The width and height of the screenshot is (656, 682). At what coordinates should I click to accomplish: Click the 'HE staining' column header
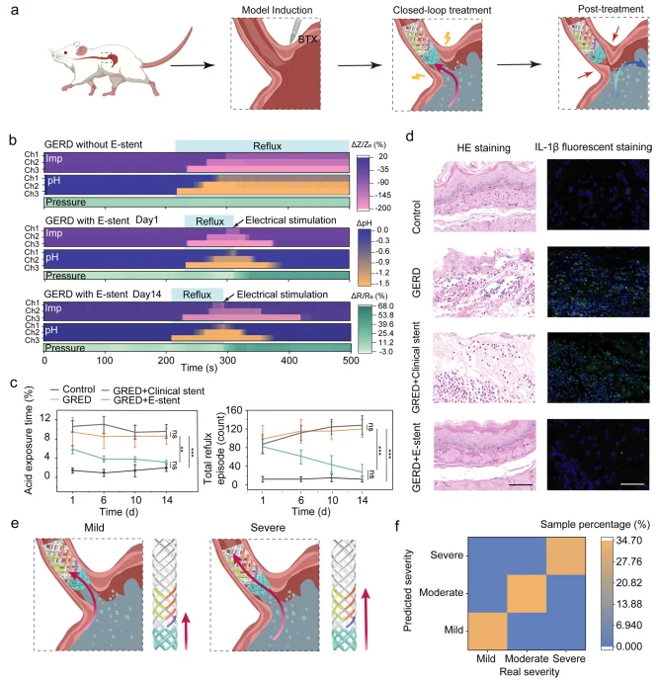pos(458,147)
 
